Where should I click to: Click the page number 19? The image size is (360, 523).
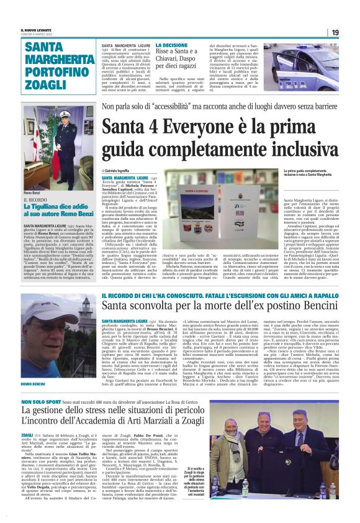coord(335,32)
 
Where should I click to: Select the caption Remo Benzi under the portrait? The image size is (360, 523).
coord(32,194)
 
